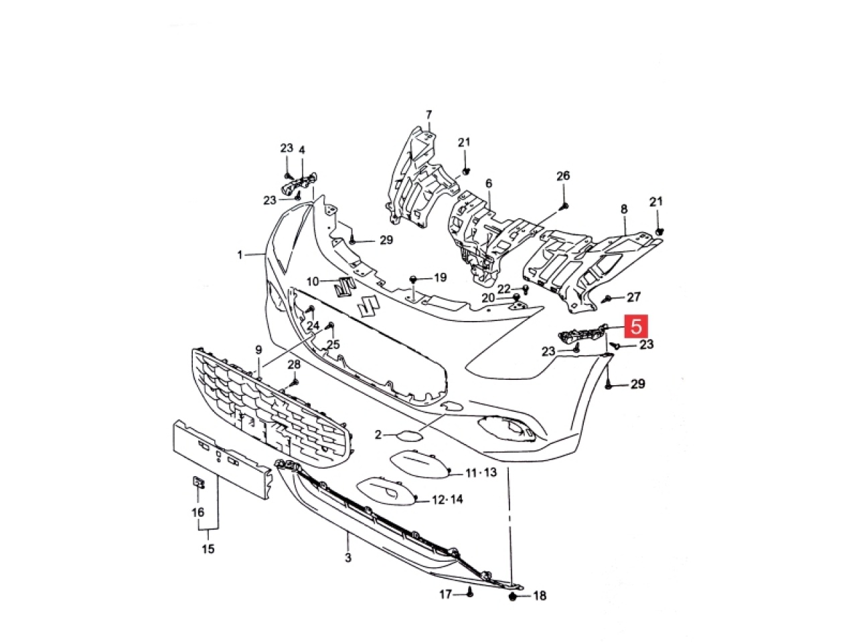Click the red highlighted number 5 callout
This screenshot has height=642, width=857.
click(x=635, y=326)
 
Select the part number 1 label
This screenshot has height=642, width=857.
click(x=240, y=255)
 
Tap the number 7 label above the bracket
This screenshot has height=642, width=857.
click(x=429, y=115)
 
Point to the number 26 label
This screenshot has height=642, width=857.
click(x=563, y=176)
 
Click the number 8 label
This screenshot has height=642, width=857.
click(x=624, y=209)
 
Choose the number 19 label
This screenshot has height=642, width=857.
click(x=440, y=278)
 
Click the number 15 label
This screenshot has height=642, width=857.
click(x=208, y=549)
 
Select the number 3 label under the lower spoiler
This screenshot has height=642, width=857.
click(x=348, y=558)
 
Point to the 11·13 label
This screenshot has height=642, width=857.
click(x=481, y=473)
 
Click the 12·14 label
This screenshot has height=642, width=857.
click(x=447, y=500)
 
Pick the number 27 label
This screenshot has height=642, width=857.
click(x=633, y=297)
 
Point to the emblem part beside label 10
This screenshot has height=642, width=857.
click(x=344, y=288)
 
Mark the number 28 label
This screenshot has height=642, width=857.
click(x=294, y=365)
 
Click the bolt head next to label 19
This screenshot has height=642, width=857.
click(x=412, y=279)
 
